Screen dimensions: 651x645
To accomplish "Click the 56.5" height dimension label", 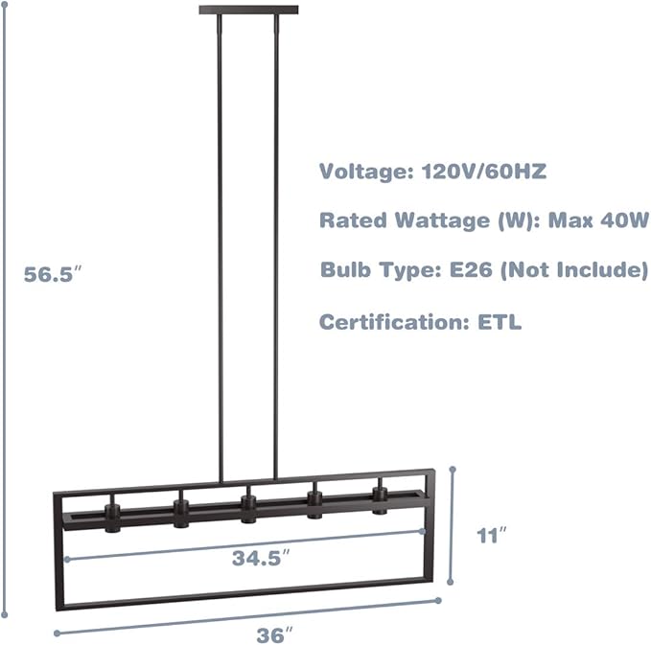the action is click(x=53, y=274).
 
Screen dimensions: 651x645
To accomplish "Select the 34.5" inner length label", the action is click(x=261, y=558).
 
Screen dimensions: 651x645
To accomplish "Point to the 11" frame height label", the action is click(x=492, y=536).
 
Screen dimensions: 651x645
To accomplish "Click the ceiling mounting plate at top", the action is click(x=248, y=10).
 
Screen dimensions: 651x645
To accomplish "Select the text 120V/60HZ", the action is click(x=483, y=171).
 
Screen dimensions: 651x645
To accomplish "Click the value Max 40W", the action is click(x=598, y=219).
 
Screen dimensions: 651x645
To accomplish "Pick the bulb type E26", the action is click(x=471, y=269).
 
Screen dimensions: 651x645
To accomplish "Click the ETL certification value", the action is click(x=500, y=322).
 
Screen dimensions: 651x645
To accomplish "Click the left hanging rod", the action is click(x=220, y=248).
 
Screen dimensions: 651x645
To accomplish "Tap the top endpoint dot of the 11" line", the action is click(x=453, y=470).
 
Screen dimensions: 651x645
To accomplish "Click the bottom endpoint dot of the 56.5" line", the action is click(x=5, y=615).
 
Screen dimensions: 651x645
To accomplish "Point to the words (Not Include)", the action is click(x=574, y=269).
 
